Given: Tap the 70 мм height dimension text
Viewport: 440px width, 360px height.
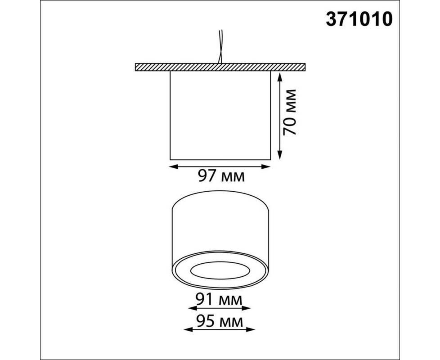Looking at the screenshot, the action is point(289,112).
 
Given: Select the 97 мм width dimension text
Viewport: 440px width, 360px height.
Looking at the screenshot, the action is point(221,176).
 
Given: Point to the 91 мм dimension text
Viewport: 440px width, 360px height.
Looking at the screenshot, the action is point(219,300).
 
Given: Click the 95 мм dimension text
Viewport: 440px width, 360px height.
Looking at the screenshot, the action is point(220,322).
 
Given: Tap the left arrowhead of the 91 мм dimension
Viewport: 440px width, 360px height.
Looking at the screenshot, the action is point(192,309).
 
